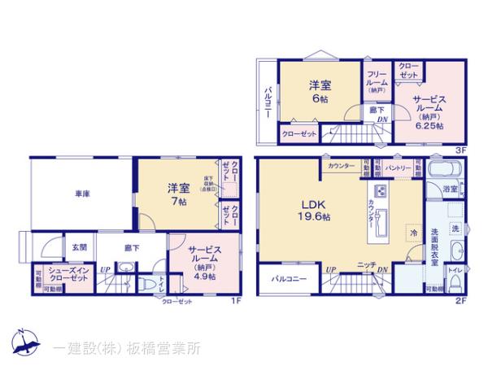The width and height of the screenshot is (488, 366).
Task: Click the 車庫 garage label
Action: [82, 194]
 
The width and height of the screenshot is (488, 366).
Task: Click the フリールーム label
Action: [376, 80]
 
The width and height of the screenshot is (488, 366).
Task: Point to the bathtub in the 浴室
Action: [445, 171]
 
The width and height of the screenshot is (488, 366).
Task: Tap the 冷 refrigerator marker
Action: [413, 232]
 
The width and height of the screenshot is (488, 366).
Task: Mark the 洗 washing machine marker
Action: [456, 227]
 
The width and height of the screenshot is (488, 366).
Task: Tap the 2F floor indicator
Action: [461, 299]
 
